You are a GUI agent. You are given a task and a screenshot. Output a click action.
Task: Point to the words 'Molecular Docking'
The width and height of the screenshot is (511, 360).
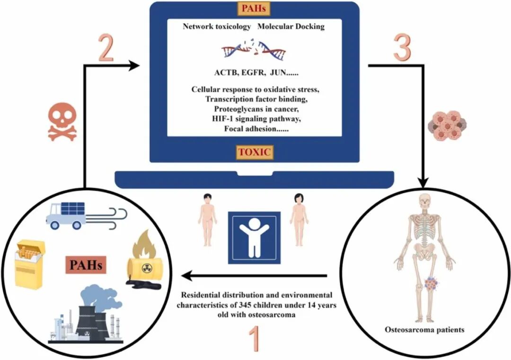(291, 26)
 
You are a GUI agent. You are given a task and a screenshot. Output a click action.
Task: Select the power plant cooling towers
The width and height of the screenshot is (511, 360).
(95, 316)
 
